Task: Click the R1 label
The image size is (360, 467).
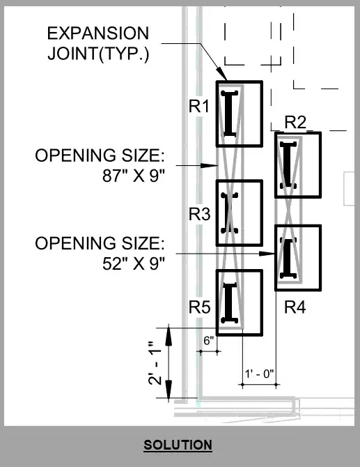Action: tap(199, 106)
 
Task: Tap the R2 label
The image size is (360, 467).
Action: tap(295, 122)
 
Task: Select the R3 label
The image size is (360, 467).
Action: tap(199, 214)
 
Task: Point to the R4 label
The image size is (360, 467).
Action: tap(295, 307)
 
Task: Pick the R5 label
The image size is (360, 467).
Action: tap(199, 307)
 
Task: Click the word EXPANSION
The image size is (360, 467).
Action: tap(98, 33)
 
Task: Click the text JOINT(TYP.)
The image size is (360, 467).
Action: tap(98, 54)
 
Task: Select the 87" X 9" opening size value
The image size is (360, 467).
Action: tap(133, 176)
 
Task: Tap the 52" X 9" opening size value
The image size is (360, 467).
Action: tap(133, 263)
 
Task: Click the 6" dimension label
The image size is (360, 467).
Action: tap(209, 340)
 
